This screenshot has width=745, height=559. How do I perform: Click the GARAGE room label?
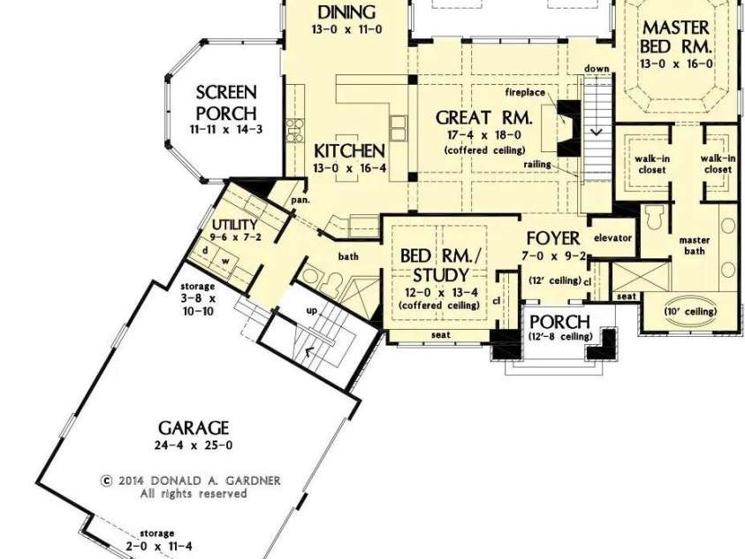(x=194, y=428)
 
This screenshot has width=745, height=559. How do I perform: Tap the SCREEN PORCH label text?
(x=226, y=103)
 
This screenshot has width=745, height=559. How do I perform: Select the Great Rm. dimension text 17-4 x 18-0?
(x=484, y=135)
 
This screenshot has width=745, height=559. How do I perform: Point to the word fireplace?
(x=525, y=92)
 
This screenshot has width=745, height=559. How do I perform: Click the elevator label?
(x=612, y=238)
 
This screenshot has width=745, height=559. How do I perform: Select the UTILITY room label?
(x=235, y=225)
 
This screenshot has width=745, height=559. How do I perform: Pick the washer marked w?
(x=226, y=260)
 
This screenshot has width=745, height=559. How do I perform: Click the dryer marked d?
(x=205, y=250)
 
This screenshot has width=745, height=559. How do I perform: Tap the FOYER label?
(x=553, y=238)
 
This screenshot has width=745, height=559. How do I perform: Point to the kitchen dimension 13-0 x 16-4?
(x=350, y=168)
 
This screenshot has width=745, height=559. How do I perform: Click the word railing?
(x=537, y=165)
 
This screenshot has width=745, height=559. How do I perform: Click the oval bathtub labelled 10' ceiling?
(x=690, y=312)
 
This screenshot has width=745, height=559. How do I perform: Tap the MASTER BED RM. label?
(x=676, y=37)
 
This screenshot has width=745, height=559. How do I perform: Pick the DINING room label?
(x=346, y=12)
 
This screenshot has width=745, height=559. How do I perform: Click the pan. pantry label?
(x=300, y=200)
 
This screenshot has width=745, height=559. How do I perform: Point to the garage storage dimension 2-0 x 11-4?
(x=159, y=547)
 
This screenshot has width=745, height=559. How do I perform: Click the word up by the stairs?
(x=312, y=310)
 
